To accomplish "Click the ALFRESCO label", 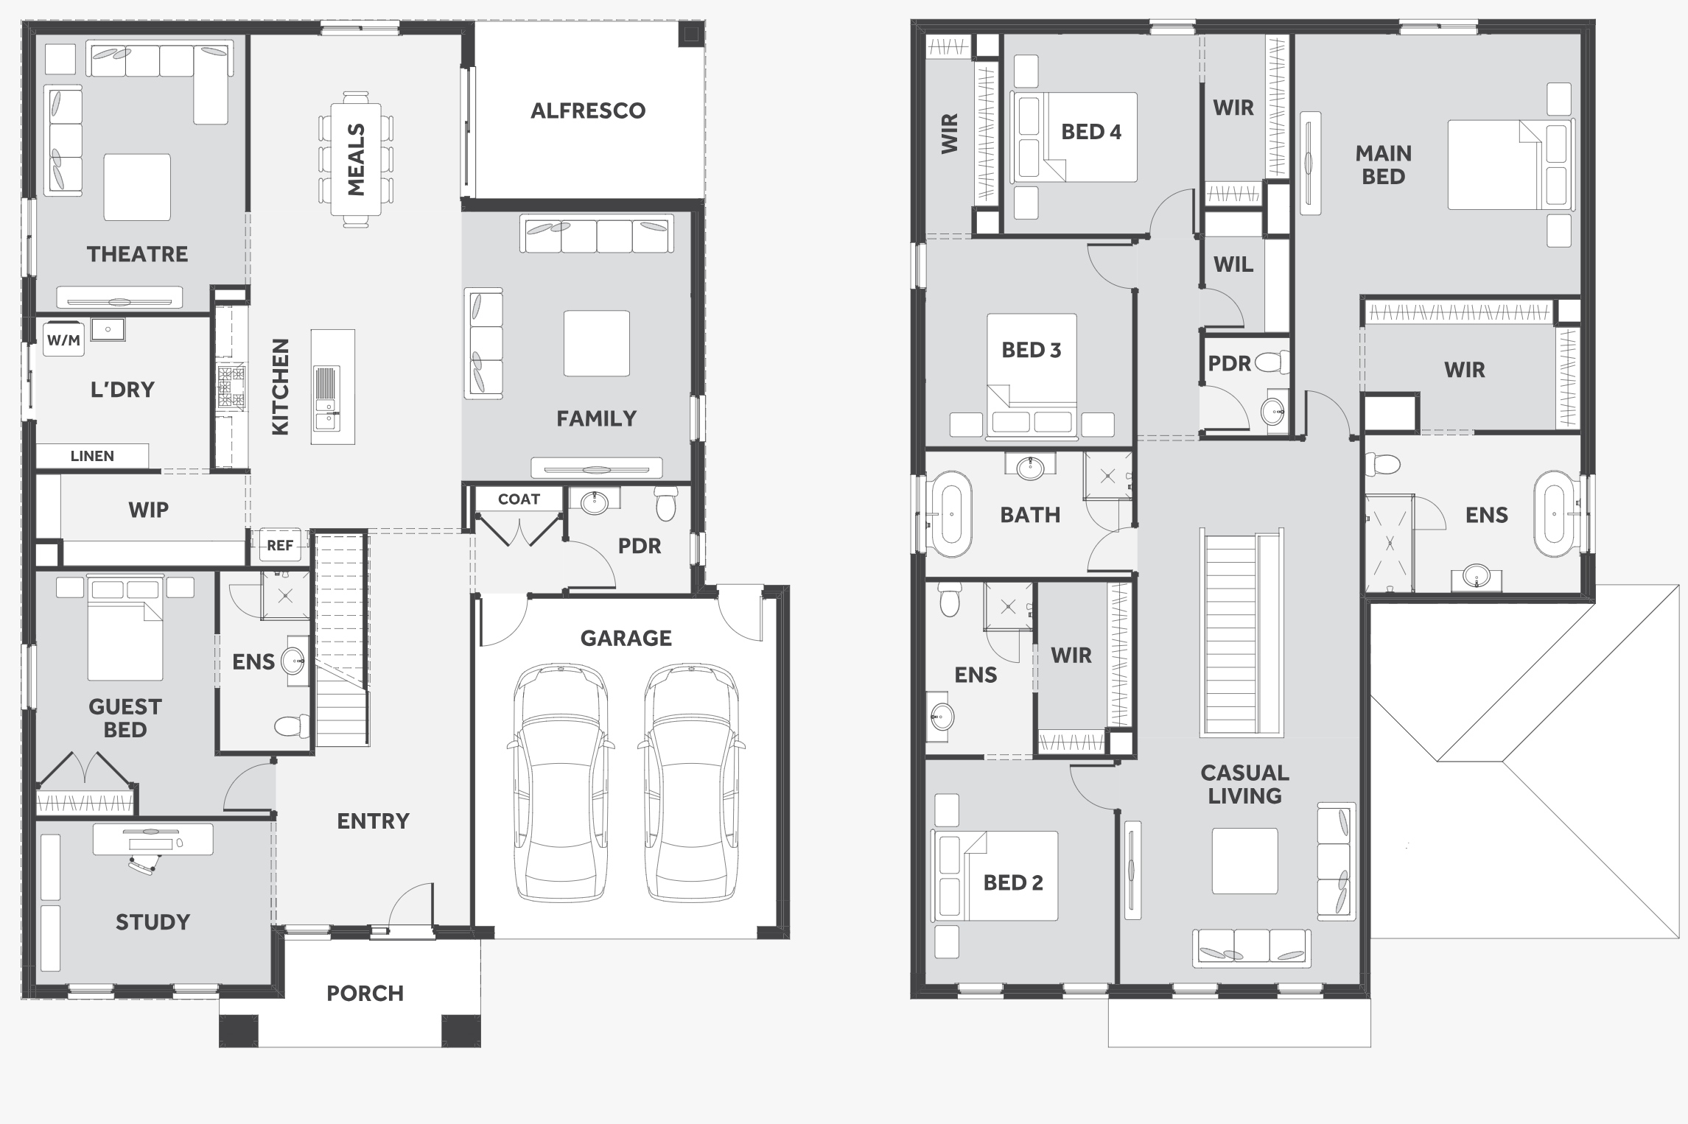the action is click(588, 110).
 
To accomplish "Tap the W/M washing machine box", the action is click(63, 340).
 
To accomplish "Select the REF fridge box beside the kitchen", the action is click(280, 546).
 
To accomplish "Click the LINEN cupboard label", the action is click(92, 456).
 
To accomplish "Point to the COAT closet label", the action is click(519, 499).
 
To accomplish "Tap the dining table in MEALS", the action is click(357, 159).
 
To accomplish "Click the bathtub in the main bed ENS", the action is click(1554, 513).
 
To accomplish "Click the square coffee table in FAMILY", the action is click(597, 343).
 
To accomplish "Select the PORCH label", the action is click(365, 994).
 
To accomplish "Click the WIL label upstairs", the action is click(1233, 264).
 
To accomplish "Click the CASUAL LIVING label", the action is click(1245, 784).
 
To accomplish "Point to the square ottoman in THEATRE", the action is click(137, 187).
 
